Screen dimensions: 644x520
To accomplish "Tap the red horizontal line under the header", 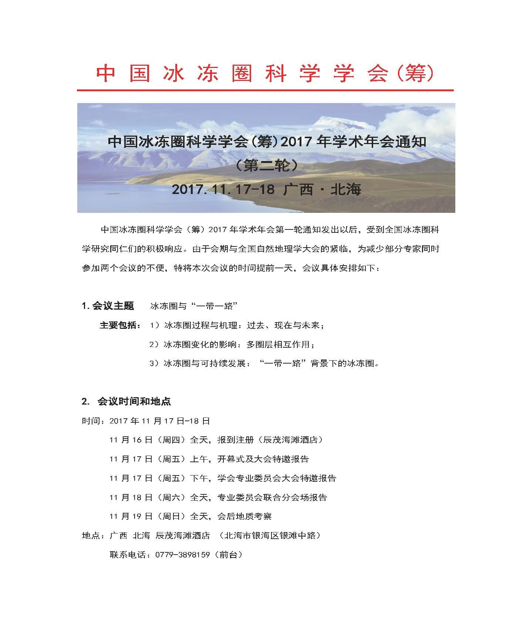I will (x=265, y=90).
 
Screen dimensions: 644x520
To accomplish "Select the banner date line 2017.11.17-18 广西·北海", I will (x=266, y=190).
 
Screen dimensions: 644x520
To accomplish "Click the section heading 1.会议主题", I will (x=108, y=306).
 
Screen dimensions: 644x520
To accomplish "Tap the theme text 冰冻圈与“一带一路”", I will (x=193, y=306).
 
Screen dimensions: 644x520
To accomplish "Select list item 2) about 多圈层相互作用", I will (x=232, y=344).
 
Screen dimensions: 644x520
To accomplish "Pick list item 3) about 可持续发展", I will (x=264, y=363).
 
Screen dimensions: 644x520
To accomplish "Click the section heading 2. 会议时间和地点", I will (x=126, y=401).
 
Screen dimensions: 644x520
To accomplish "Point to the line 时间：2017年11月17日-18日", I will (x=146, y=421).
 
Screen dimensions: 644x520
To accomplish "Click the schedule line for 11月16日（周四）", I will (x=216, y=440).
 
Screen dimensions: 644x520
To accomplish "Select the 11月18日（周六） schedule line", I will (x=218, y=497).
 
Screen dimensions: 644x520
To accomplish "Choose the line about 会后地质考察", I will (x=190, y=516).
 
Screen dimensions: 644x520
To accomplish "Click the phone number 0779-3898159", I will (x=178, y=555).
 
